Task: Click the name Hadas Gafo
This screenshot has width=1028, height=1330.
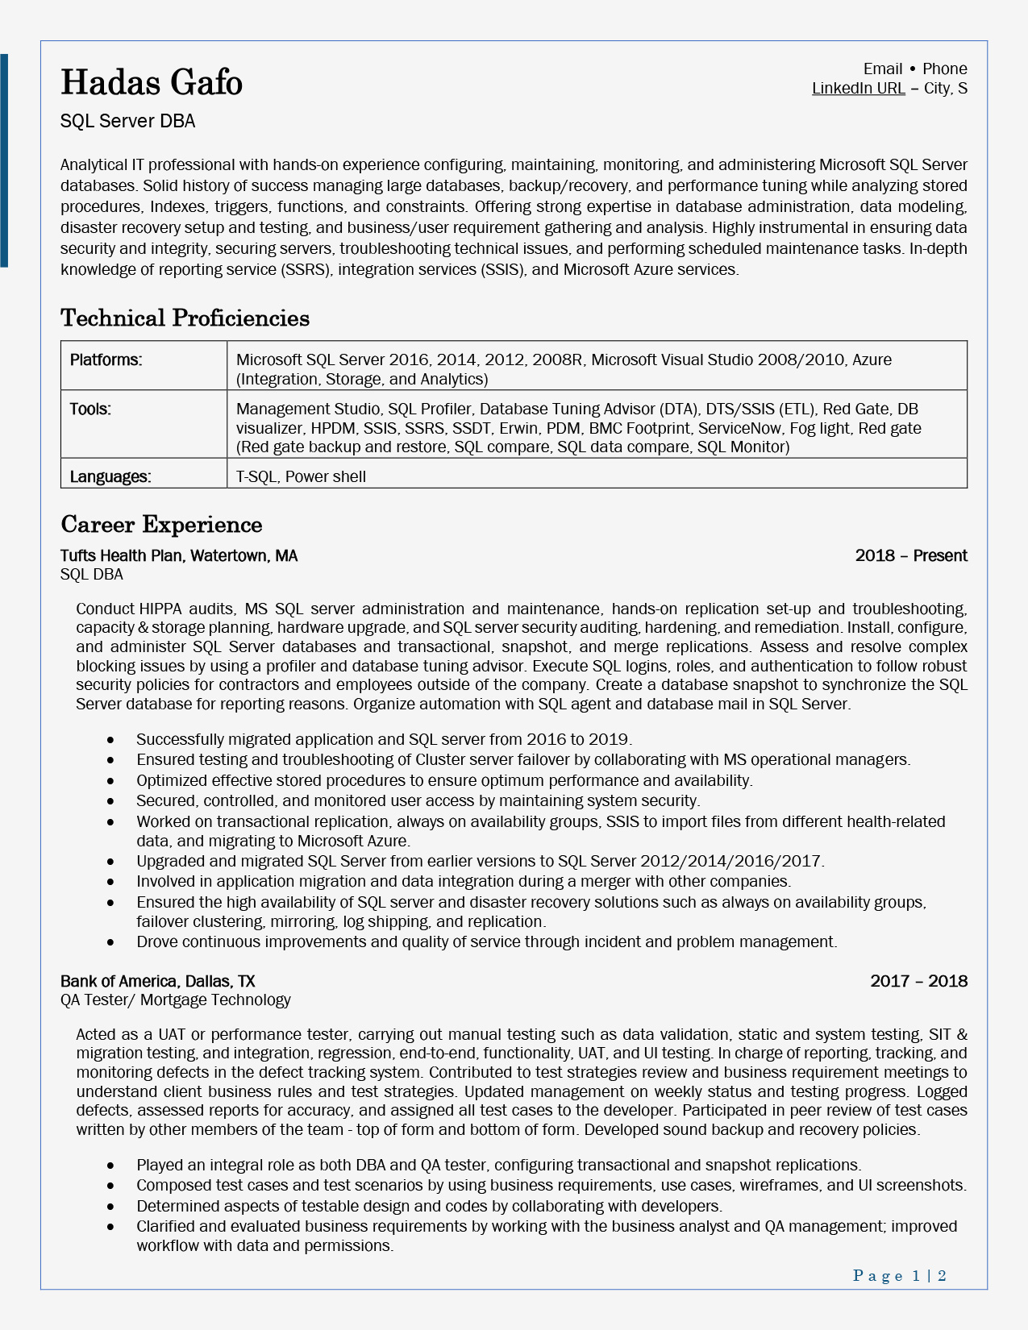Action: (152, 83)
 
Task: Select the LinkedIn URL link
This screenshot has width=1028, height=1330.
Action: (858, 89)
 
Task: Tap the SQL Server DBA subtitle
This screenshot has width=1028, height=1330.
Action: (127, 122)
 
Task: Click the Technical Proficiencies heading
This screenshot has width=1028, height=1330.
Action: (185, 318)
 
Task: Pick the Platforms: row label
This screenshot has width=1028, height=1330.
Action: (106, 360)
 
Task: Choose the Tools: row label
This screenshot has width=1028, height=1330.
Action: (90, 409)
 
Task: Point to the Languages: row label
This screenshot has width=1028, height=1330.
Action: (110, 476)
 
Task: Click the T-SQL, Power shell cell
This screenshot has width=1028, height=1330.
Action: (301, 476)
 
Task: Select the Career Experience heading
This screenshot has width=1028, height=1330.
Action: (161, 525)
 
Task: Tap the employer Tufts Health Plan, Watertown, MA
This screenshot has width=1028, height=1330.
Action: (179, 556)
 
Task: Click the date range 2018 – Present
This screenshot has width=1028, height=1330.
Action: (911, 556)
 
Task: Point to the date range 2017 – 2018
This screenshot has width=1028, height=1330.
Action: (918, 981)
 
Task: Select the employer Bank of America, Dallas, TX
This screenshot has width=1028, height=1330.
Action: (158, 981)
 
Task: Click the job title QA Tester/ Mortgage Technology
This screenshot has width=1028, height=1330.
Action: (175, 1000)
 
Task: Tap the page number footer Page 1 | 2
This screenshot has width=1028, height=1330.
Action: (899, 1275)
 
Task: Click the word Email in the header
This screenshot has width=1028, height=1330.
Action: (882, 69)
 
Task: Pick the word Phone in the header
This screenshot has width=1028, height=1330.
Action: (944, 69)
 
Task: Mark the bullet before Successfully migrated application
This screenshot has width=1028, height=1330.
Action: (110, 740)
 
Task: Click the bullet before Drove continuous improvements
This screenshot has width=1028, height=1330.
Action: (110, 942)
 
